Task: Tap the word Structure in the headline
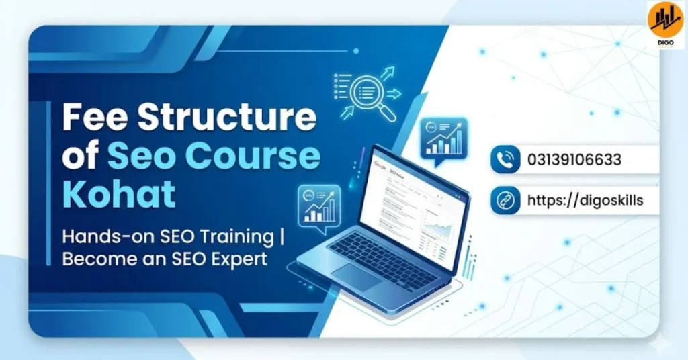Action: (228, 118)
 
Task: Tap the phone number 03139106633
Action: (574, 160)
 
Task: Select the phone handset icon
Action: (505, 160)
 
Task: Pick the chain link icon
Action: (505, 200)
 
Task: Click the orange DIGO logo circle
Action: (665, 19)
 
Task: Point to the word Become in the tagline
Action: (96, 259)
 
